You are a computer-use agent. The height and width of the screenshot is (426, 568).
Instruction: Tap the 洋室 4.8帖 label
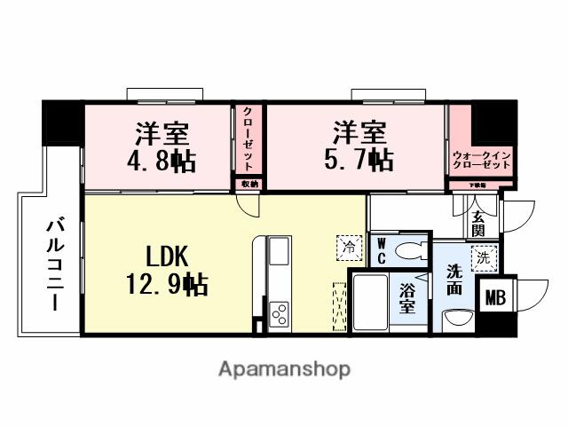[x=165, y=147]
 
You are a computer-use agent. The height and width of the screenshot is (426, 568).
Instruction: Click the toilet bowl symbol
[x=409, y=250]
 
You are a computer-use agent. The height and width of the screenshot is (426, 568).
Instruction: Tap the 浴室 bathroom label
[x=407, y=298]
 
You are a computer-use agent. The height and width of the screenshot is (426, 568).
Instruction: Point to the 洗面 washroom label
[x=454, y=280]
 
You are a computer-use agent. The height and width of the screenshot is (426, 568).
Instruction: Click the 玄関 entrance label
[x=478, y=222]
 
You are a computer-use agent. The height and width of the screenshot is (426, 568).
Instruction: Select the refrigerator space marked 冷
[x=348, y=245]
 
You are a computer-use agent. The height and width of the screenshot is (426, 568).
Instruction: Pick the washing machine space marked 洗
[x=482, y=258]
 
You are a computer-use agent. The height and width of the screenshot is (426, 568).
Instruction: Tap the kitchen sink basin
[x=279, y=249]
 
